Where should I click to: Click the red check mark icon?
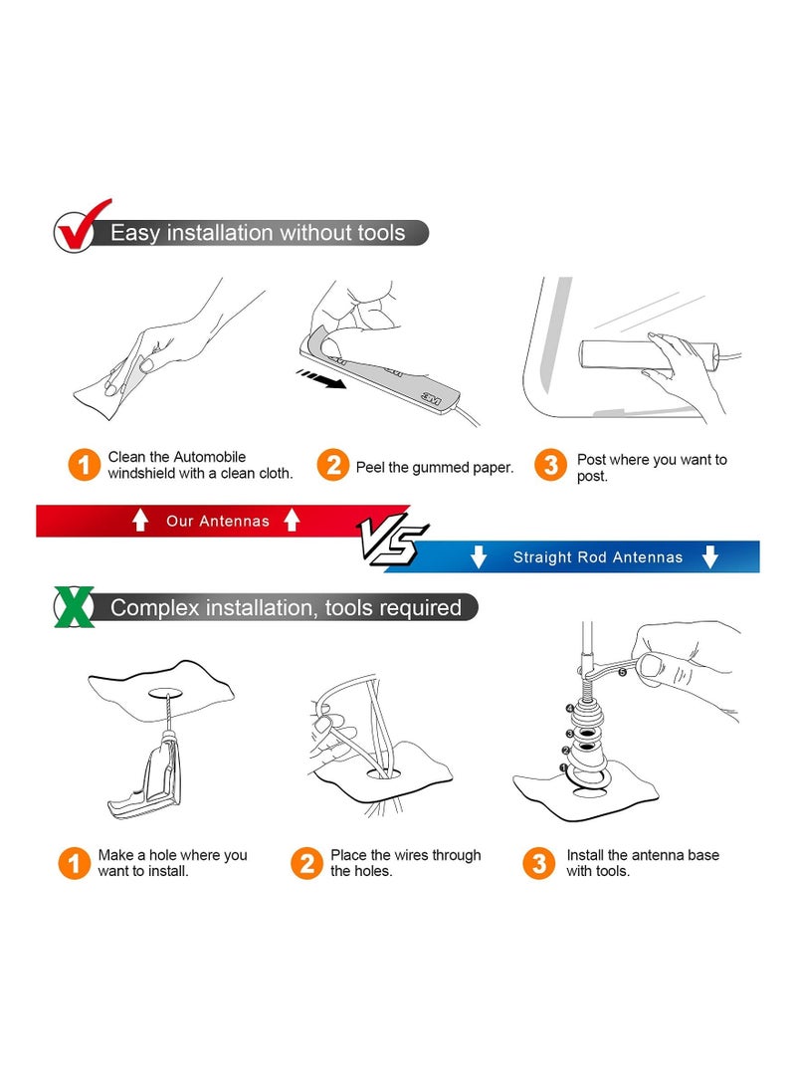(82, 227)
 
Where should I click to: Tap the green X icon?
(74, 607)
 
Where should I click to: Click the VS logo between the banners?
(392, 539)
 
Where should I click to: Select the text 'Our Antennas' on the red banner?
(217, 521)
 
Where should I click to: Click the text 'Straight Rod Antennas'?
(597, 556)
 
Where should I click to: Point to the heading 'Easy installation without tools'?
(258, 233)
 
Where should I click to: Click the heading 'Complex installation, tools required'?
(286, 607)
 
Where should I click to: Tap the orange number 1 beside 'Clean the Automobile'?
(85, 464)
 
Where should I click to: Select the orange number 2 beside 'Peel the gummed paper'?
(333, 465)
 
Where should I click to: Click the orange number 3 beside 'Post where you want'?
(551, 465)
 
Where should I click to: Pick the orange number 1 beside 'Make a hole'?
(74, 863)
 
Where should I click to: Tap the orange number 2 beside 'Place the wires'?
(306, 863)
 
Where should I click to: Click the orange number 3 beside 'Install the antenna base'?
(539, 863)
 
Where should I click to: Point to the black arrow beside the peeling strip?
(320, 379)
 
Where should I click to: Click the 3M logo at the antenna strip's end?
(431, 398)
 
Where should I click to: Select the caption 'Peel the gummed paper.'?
(435, 468)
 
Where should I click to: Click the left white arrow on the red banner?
(140, 520)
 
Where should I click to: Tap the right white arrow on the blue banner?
(710, 556)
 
